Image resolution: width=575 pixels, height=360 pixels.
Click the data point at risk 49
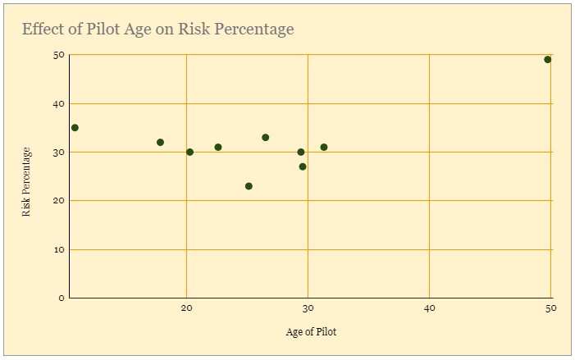pos(547,60)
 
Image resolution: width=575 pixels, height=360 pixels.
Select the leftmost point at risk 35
pos(75,128)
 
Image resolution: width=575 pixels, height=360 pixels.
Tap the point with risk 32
pos(160,143)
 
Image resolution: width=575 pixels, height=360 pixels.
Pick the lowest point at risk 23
pos(249,186)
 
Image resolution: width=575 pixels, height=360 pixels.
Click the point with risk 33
pos(265,138)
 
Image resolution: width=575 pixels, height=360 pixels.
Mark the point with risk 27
pos(303,166)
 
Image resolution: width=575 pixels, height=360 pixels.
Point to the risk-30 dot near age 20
pos(189,153)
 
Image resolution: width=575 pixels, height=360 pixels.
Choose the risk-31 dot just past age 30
pos(324,148)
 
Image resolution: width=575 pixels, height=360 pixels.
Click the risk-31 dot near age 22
pos(218,148)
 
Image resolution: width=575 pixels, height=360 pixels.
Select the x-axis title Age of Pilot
pos(311,332)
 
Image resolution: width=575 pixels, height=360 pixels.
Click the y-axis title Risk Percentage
pos(26,181)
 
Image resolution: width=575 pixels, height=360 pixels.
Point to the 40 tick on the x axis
pos(429,308)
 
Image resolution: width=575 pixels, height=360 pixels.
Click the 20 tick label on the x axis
pos(186,308)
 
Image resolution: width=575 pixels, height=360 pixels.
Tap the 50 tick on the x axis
pos(550,308)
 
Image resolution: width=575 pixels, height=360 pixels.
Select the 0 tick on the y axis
pos(61,298)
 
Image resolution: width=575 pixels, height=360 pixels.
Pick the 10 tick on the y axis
pos(59,249)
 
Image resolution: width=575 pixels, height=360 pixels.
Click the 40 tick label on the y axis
pos(59,104)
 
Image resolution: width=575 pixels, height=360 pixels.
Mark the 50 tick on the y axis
pos(59,55)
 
